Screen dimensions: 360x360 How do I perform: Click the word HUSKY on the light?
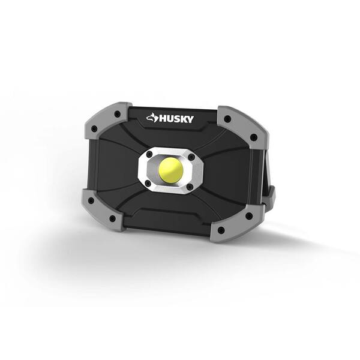point(176,119)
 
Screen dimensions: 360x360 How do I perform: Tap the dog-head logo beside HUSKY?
point(152,118)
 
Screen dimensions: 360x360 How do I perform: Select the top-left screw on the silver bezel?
point(149,155)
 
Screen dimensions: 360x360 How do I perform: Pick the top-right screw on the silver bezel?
point(191,158)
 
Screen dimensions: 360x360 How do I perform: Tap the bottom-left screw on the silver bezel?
point(148,181)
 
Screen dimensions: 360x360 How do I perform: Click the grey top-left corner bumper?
point(108,120)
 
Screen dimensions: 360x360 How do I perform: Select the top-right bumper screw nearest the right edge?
point(254,137)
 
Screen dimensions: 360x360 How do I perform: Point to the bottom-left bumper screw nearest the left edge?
point(91,200)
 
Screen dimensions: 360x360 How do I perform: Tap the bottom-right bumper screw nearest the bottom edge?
point(221,230)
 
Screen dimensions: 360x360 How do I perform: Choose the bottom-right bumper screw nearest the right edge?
point(248,215)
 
